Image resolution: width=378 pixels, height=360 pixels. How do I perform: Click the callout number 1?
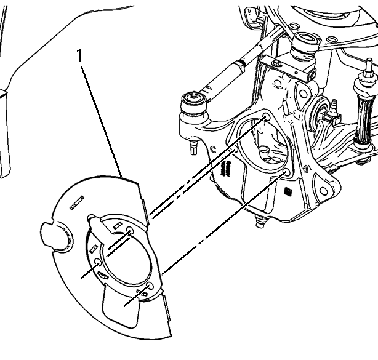[x=80, y=55]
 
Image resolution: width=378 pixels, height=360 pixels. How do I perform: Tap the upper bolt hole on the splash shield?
[x=130, y=230]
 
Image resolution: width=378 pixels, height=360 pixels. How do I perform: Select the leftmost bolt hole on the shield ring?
[x=98, y=262]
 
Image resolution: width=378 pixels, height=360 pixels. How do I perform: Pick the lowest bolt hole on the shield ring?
[x=150, y=286]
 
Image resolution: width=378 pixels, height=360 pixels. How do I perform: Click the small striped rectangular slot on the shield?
[x=77, y=203]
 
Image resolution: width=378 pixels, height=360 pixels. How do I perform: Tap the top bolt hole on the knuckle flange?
[x=266, y=117]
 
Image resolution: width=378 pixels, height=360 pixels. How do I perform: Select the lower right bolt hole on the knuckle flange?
[x=286, y=172]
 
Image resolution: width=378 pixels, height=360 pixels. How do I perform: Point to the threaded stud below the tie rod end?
[x=194, y=148]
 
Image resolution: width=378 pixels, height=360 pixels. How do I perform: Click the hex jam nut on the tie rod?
[x=239, y=66]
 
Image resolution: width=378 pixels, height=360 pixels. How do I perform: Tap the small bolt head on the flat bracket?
[x=275, y=63]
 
